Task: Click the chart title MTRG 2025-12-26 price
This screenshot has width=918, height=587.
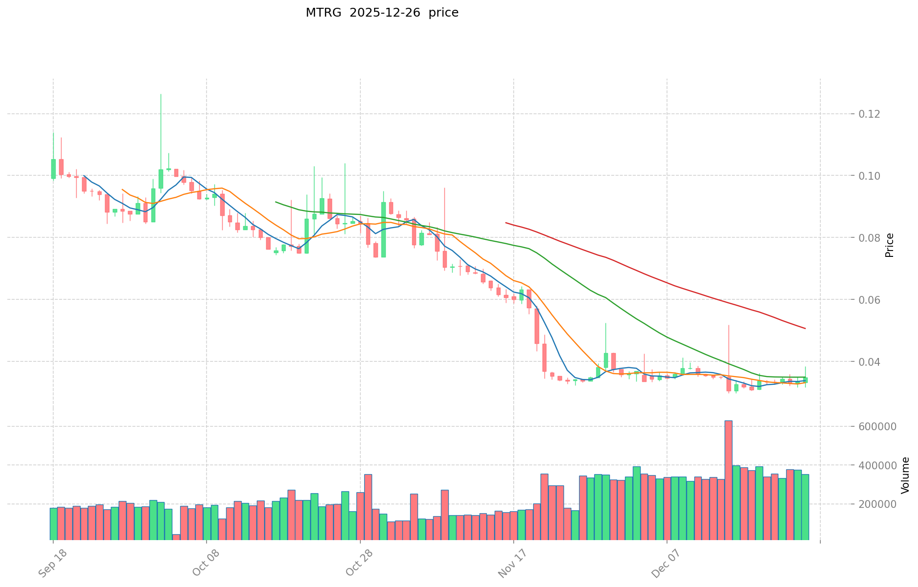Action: (382, 13)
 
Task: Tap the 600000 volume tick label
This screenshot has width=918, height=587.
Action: (879, 426)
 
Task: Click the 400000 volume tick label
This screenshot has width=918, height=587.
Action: (879, 465)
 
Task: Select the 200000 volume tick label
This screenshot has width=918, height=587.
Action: (879, 504)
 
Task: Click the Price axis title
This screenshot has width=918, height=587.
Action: (890, 245)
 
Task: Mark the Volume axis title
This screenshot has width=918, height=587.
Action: (905, 475)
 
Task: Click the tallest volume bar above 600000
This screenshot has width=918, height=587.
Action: (728, 480)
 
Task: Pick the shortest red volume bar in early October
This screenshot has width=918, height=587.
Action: (176, 537)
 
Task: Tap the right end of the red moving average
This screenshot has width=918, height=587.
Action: (805, 328)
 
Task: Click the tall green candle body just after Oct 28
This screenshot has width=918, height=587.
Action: (383, 230)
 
